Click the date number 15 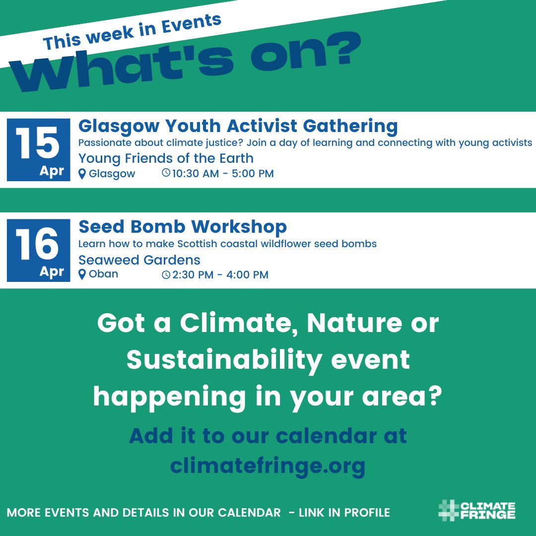click(38, 142)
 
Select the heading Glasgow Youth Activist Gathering click(238, 126)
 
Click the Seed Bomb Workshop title click(183, 227)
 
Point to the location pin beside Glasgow click(82, 174)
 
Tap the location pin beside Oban click(82, 274)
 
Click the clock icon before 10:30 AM click(166, 174)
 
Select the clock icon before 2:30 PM click(166, 274)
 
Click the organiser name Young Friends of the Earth click(166, 158)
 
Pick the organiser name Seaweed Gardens click(139, 260)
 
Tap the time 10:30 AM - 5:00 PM click(223, 174)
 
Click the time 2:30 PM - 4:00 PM click(220, 274)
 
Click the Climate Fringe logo click(477, 511)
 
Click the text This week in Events click(132, 33)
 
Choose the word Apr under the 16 click(52, 271)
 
